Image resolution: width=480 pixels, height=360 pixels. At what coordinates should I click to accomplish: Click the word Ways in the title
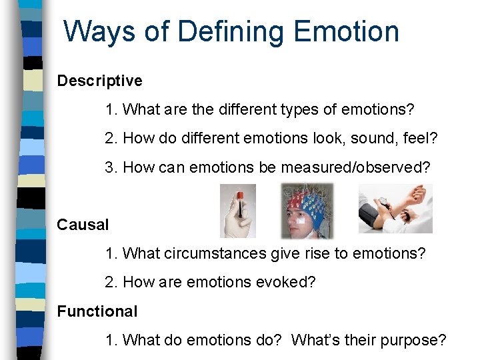click(x=91, y=31)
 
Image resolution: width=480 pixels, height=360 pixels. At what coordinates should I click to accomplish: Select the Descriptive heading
click(x=99, y=81)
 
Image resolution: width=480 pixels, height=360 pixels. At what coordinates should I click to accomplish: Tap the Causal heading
click(x=82, y=225)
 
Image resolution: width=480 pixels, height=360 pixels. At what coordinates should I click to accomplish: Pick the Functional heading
click(x=97, y=311)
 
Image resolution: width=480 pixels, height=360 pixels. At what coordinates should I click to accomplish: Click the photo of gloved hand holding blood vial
click(x=237, y=210)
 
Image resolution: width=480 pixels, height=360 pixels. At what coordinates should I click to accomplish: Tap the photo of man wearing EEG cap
click(x=307, y=211)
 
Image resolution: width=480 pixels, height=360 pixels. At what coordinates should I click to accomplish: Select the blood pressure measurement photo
click(x=395, y=209)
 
